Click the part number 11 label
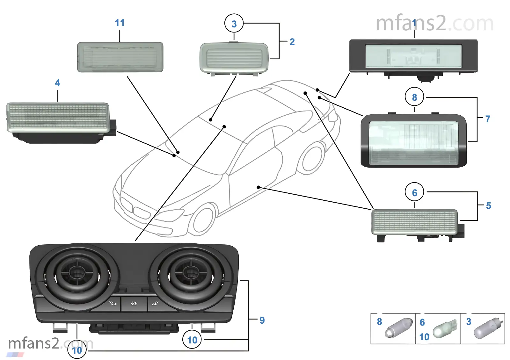click(x=120, y=23)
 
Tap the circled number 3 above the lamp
click(x=234, y=24)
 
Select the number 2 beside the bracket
click(x=292, y=42)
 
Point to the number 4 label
click(x=57, y=83)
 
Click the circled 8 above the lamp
click(x=414, y=97)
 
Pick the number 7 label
click(x=488, y=119)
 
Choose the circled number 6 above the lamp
click(x=414, y=192)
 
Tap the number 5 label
click(x=488, y=206)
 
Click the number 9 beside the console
click(x=262, y=320)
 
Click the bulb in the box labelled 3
click(x=488, y=328)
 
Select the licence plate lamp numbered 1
click(x=413, y=56)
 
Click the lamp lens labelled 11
click(x=120, y=57)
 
